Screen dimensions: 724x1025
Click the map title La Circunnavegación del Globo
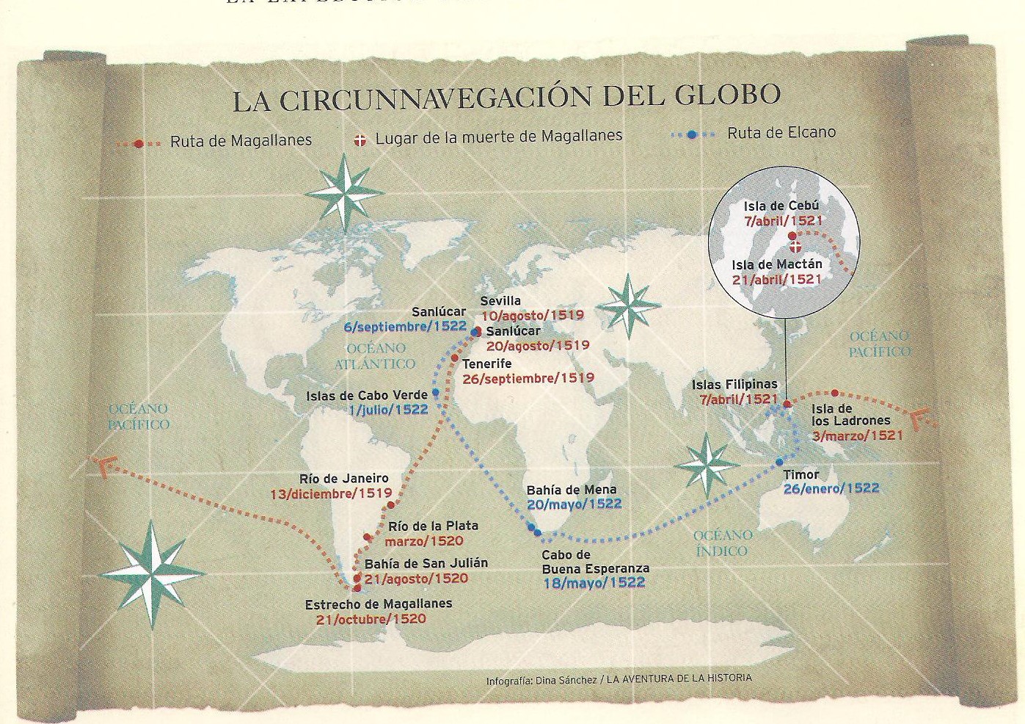tap(506, 98)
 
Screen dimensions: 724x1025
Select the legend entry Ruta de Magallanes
tap(241, 140)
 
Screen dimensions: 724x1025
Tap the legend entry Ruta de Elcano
tap(781, 133)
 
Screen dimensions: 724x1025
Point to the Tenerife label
tap(486, 363)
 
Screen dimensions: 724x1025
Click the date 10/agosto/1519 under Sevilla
tap(532, 315)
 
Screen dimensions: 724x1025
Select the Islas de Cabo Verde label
tap(367, 396)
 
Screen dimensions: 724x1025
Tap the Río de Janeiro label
tap(344, 478)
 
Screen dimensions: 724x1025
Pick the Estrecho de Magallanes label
tap(379, 604)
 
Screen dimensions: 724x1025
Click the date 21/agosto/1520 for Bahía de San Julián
tap(416, 579)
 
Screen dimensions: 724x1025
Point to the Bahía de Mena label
tap(572, 490)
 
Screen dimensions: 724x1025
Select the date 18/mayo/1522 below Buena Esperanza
tap(594, 583)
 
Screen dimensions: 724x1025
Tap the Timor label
tap(800, 474)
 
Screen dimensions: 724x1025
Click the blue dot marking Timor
tap(780, 462)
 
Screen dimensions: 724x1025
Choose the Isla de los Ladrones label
tap(850, 415)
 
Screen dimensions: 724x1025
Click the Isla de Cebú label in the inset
tap(781, 206)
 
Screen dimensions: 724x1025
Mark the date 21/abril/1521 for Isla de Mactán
tap(776, 279)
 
